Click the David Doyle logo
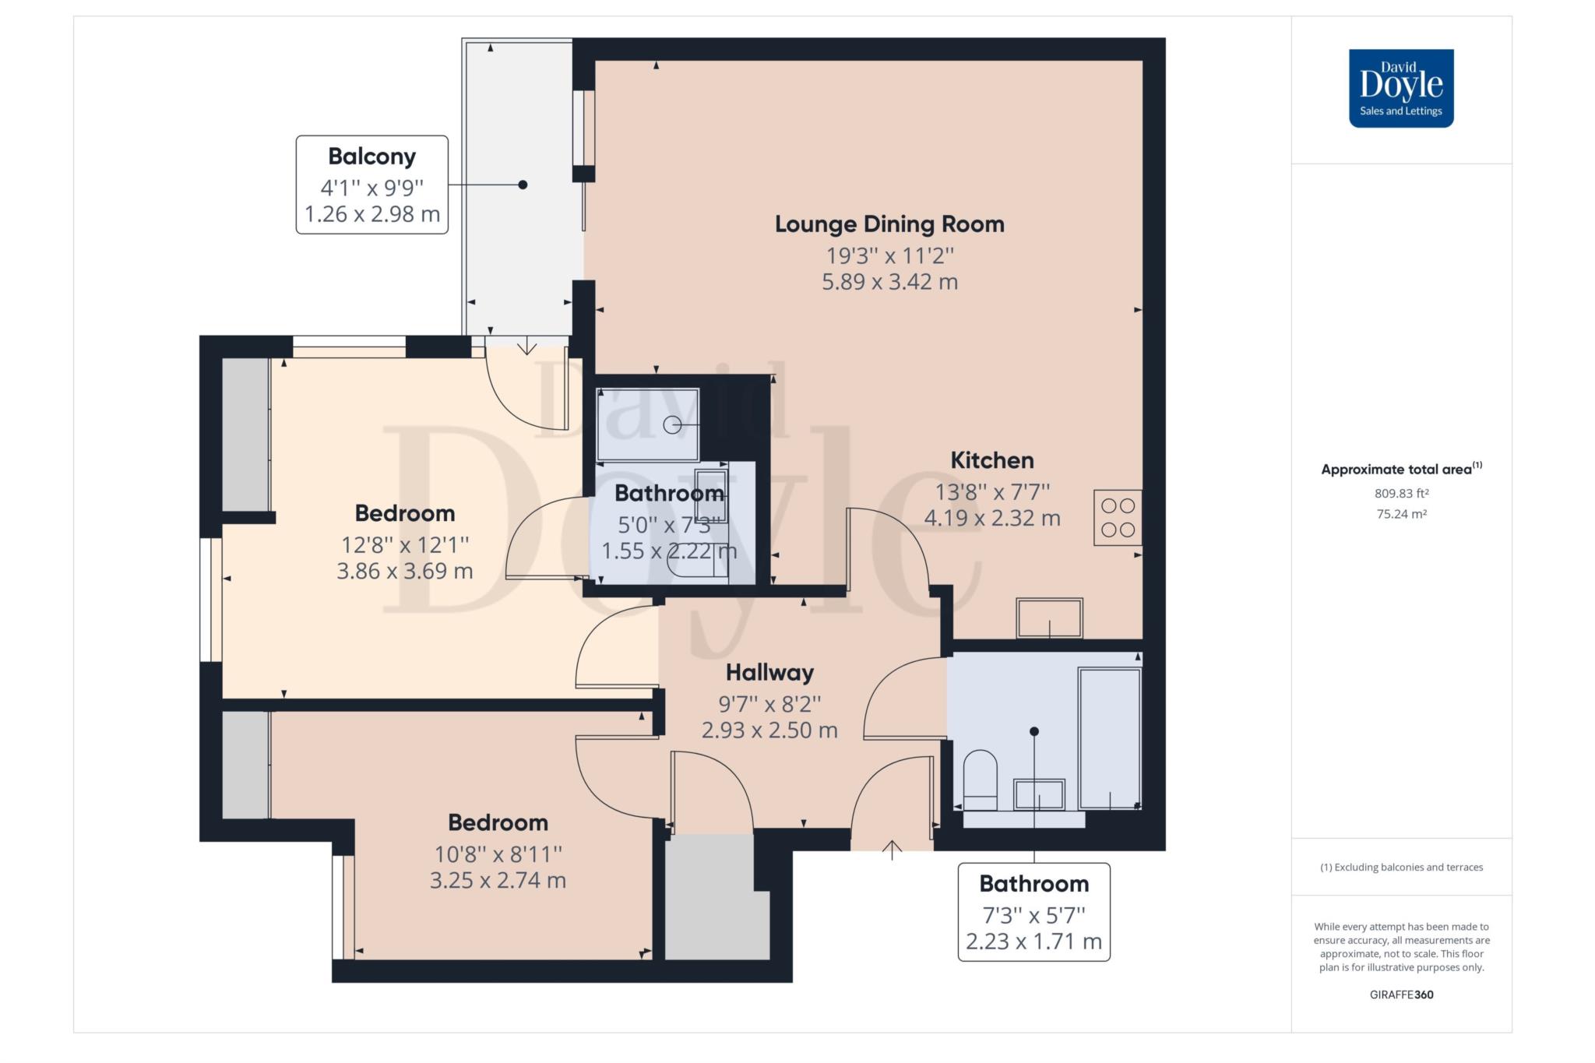coord(1401,88)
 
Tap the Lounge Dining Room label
coord(889,224)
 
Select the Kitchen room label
coord(992,460)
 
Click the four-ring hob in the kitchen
coord(1118,517)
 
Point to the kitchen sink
coord(1049,618)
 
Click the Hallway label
coord(769,672)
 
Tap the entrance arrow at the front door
coord(892,850)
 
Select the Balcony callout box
coord(372,185)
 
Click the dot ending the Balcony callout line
coord(523,185)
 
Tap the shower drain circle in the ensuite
coord(672,424)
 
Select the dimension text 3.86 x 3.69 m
coord(405,571)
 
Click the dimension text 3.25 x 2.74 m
coord(498,881)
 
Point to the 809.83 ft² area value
coord(1401,493)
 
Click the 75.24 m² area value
coord(1401,514)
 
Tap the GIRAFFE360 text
coord(1401,994)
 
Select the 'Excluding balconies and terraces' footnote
coord(1401,867)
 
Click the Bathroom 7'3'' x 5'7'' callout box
coord(1033,912)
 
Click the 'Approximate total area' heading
coord(1401,469)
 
